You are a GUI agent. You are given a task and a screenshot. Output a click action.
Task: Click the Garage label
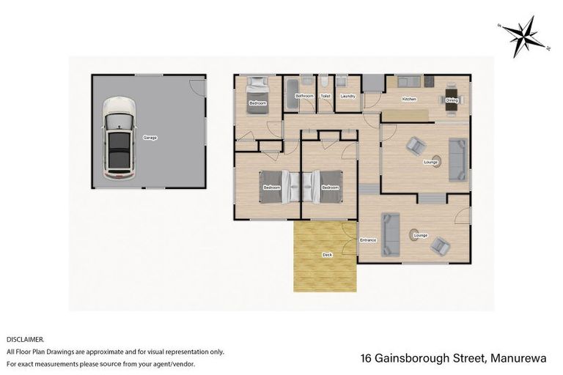click(150, 137)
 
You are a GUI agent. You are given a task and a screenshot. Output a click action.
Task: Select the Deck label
click(326, 255)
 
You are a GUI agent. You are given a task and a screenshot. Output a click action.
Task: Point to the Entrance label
click(368, 240)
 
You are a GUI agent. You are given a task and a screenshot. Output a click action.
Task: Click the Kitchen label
click(409, 99)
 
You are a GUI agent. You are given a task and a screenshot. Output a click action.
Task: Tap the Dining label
click(452, 100)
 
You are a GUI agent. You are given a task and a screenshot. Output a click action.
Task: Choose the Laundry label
click(348, 96)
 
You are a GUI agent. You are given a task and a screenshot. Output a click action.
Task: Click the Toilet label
click(325, 96)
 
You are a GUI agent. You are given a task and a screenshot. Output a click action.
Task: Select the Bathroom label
click(304, 96)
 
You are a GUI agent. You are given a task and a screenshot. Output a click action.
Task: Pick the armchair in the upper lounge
click(415, 145)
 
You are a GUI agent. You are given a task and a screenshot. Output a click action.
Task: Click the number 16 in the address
click(367, 359)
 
